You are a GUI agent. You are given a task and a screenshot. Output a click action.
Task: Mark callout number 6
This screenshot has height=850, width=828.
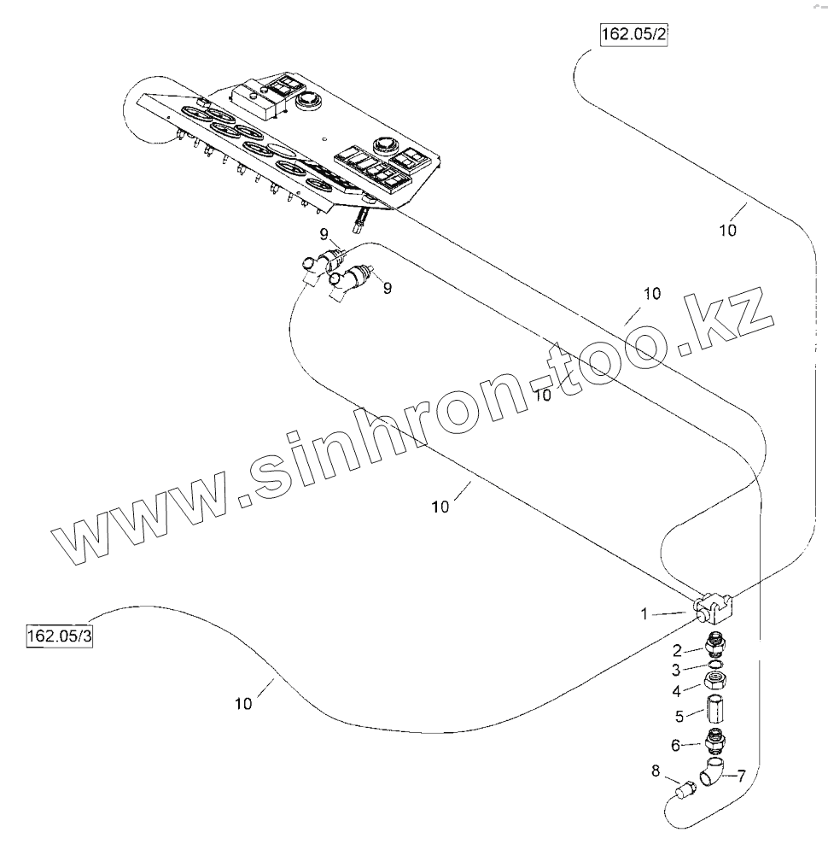pos(675,745)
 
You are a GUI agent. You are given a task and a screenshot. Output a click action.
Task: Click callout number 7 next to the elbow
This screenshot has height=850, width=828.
pos(740,776)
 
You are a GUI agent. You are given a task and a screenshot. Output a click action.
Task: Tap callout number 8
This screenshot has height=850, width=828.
pos(656,771)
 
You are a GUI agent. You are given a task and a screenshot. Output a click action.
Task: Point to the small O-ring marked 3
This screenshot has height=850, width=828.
pos(714,665)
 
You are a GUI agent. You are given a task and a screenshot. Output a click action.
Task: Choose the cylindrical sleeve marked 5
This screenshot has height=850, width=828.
pos(714,709)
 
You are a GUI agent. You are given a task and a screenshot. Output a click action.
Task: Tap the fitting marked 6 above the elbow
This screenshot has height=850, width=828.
pos(714,740)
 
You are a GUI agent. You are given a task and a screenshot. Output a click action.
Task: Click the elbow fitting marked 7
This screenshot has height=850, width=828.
pos(712,771)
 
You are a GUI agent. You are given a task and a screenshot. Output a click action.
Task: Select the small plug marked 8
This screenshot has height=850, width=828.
pos(683,791)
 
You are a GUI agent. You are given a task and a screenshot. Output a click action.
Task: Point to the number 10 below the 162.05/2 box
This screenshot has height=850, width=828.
pos(727,229)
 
